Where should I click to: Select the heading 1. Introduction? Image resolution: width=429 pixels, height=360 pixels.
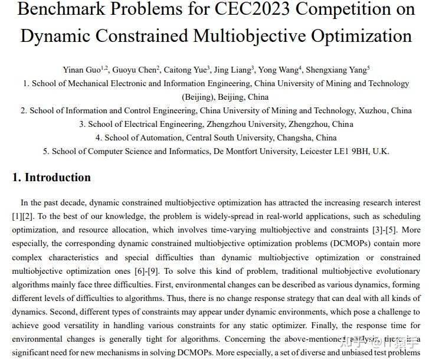click(52, 178)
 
